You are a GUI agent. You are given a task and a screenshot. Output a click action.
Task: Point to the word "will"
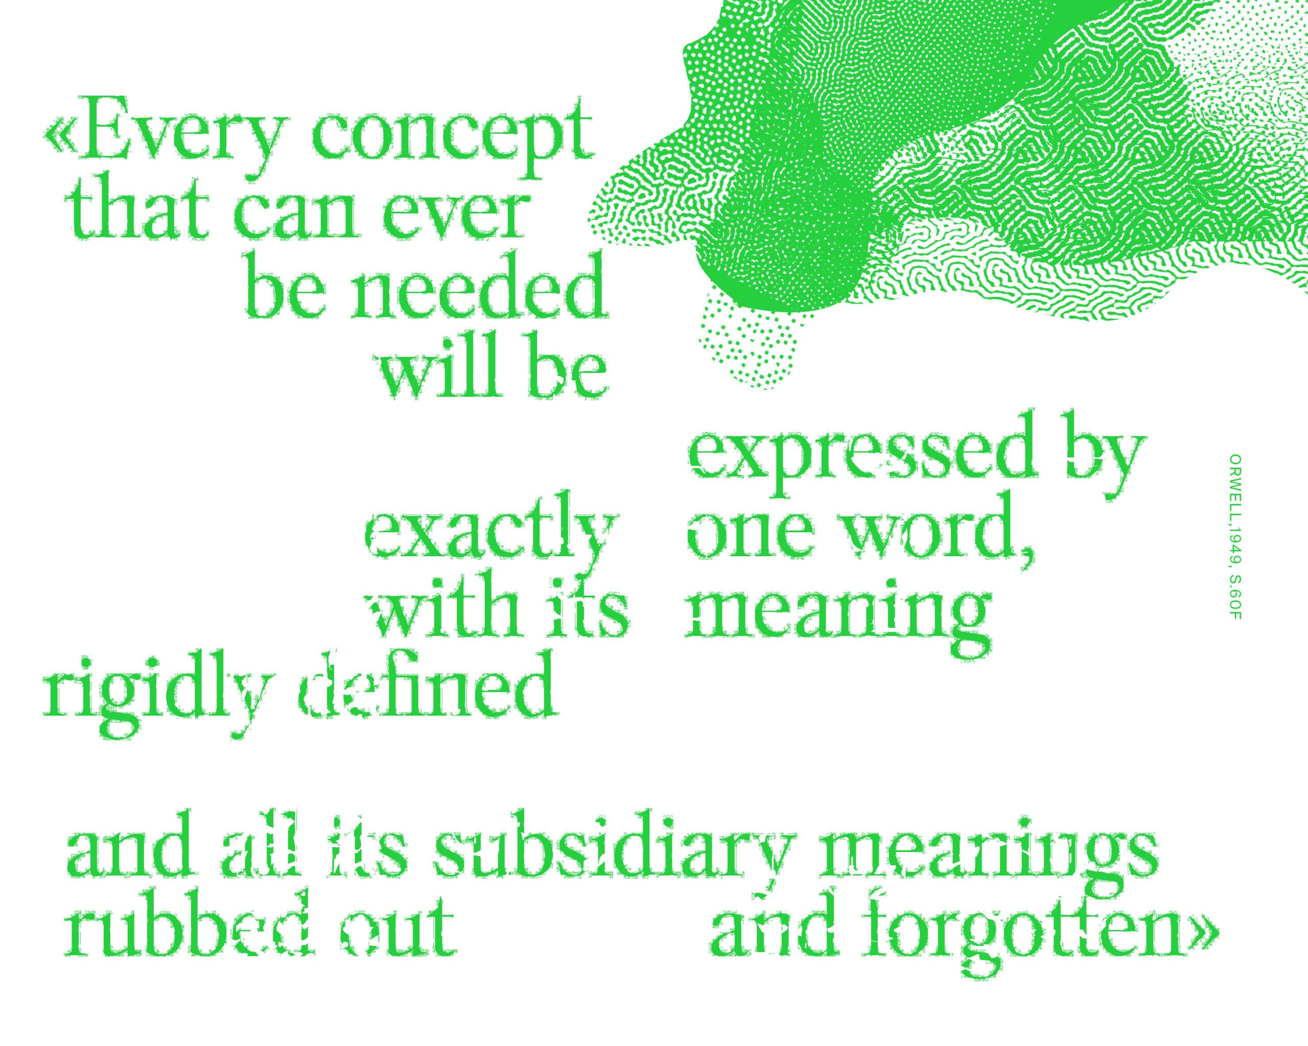click(446, 367)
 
